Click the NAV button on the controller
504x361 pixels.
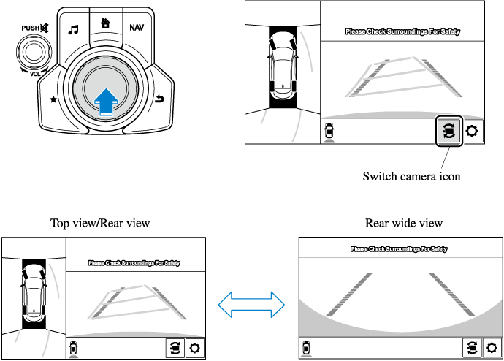[x=137, y=28]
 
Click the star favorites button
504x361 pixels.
[x=53, y=98]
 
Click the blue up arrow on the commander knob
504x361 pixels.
[x=107, y=99]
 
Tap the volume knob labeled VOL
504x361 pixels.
[x=31, y=53]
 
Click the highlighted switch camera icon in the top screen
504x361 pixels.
[x=448, y=131]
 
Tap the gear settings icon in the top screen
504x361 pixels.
[x=473, y=132]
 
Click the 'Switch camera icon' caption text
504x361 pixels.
[x=411, y=176]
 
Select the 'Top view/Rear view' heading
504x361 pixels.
[x=99, y=223]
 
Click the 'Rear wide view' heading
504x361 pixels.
[x=404, y=223]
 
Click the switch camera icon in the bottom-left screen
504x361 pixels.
[x=175, y=348]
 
